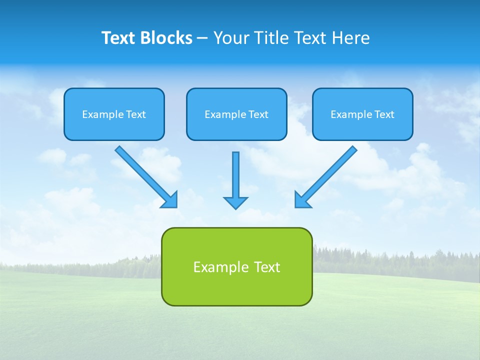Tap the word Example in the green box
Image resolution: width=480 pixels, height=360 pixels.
pos(217,267)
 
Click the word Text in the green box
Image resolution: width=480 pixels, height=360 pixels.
pos(267,267)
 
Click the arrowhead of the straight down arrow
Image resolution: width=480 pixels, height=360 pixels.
pos(235,202)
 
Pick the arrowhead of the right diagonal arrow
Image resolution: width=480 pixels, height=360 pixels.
pos(302,200)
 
